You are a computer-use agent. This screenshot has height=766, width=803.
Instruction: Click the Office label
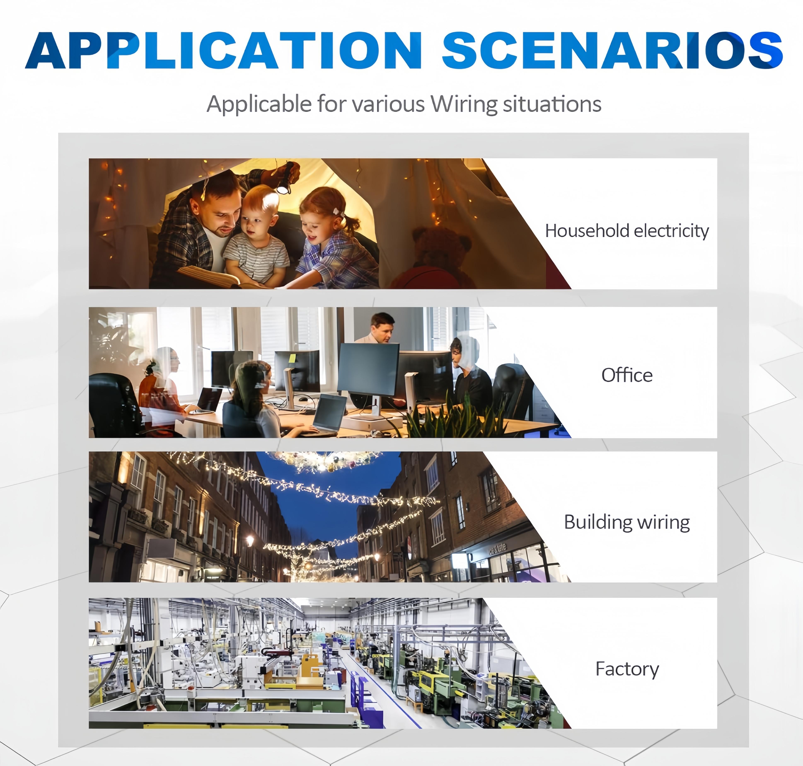coord(627,375)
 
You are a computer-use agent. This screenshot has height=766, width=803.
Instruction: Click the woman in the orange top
coord(161,392)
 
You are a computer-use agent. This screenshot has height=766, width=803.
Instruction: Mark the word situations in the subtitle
coord(552,104)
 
